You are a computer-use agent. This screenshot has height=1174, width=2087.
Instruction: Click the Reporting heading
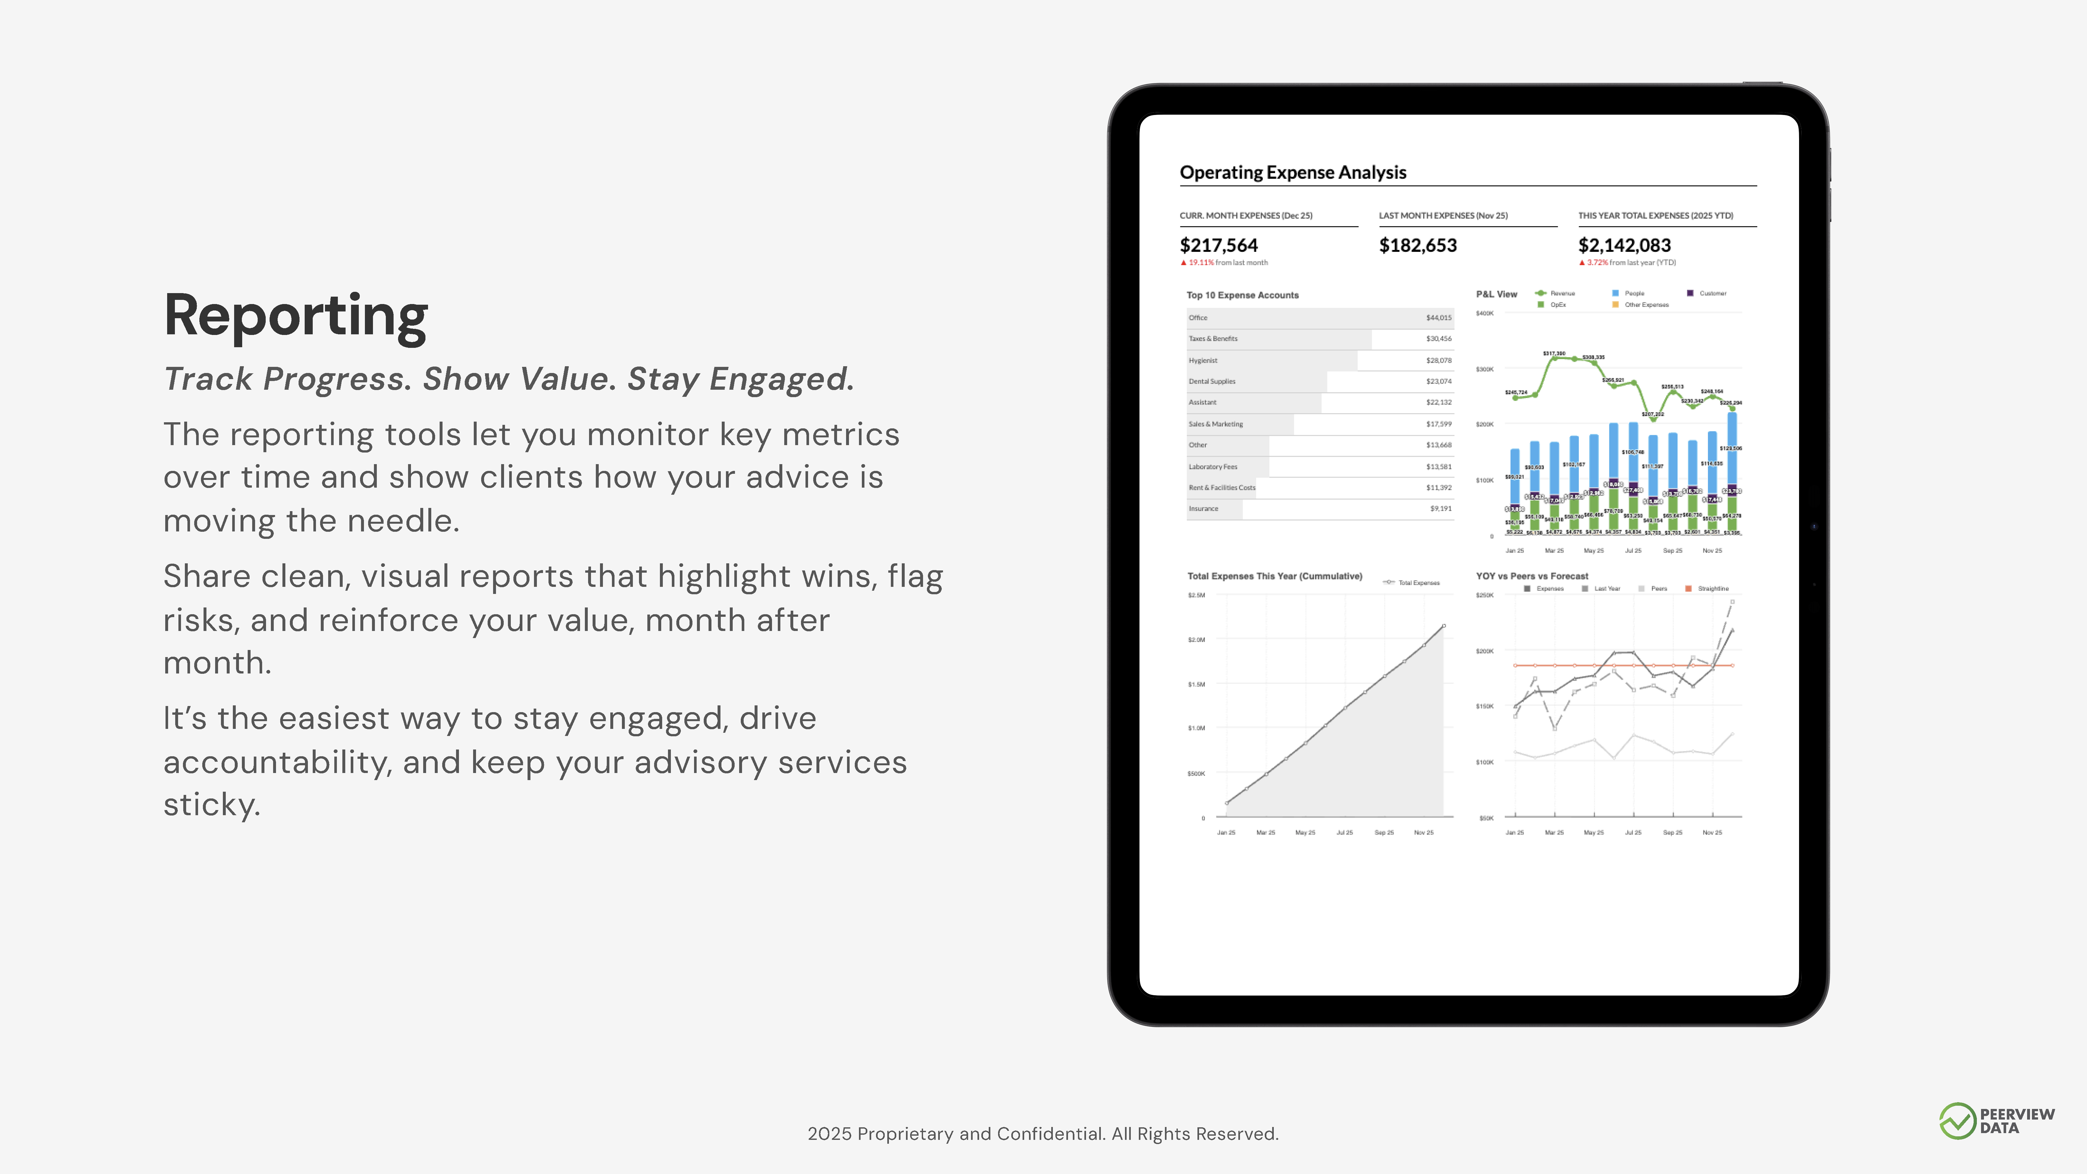point(296,316)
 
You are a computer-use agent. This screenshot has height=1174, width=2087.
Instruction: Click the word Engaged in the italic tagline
point(778,379)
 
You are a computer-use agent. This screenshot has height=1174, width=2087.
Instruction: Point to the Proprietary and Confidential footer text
point(1043,1133)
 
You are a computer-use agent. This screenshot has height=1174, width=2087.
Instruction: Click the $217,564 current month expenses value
point(1218,245)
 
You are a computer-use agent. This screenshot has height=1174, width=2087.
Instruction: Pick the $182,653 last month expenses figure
point(1418,245)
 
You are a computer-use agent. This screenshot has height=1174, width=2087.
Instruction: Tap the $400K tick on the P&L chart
point(1484,314)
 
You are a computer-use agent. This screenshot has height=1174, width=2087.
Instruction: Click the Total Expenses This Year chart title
point(1274,576)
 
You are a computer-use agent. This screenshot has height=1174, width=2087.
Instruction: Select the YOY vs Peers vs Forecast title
point(1531,576)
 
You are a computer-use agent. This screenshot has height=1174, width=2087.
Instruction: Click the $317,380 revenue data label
point(1553,353)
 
